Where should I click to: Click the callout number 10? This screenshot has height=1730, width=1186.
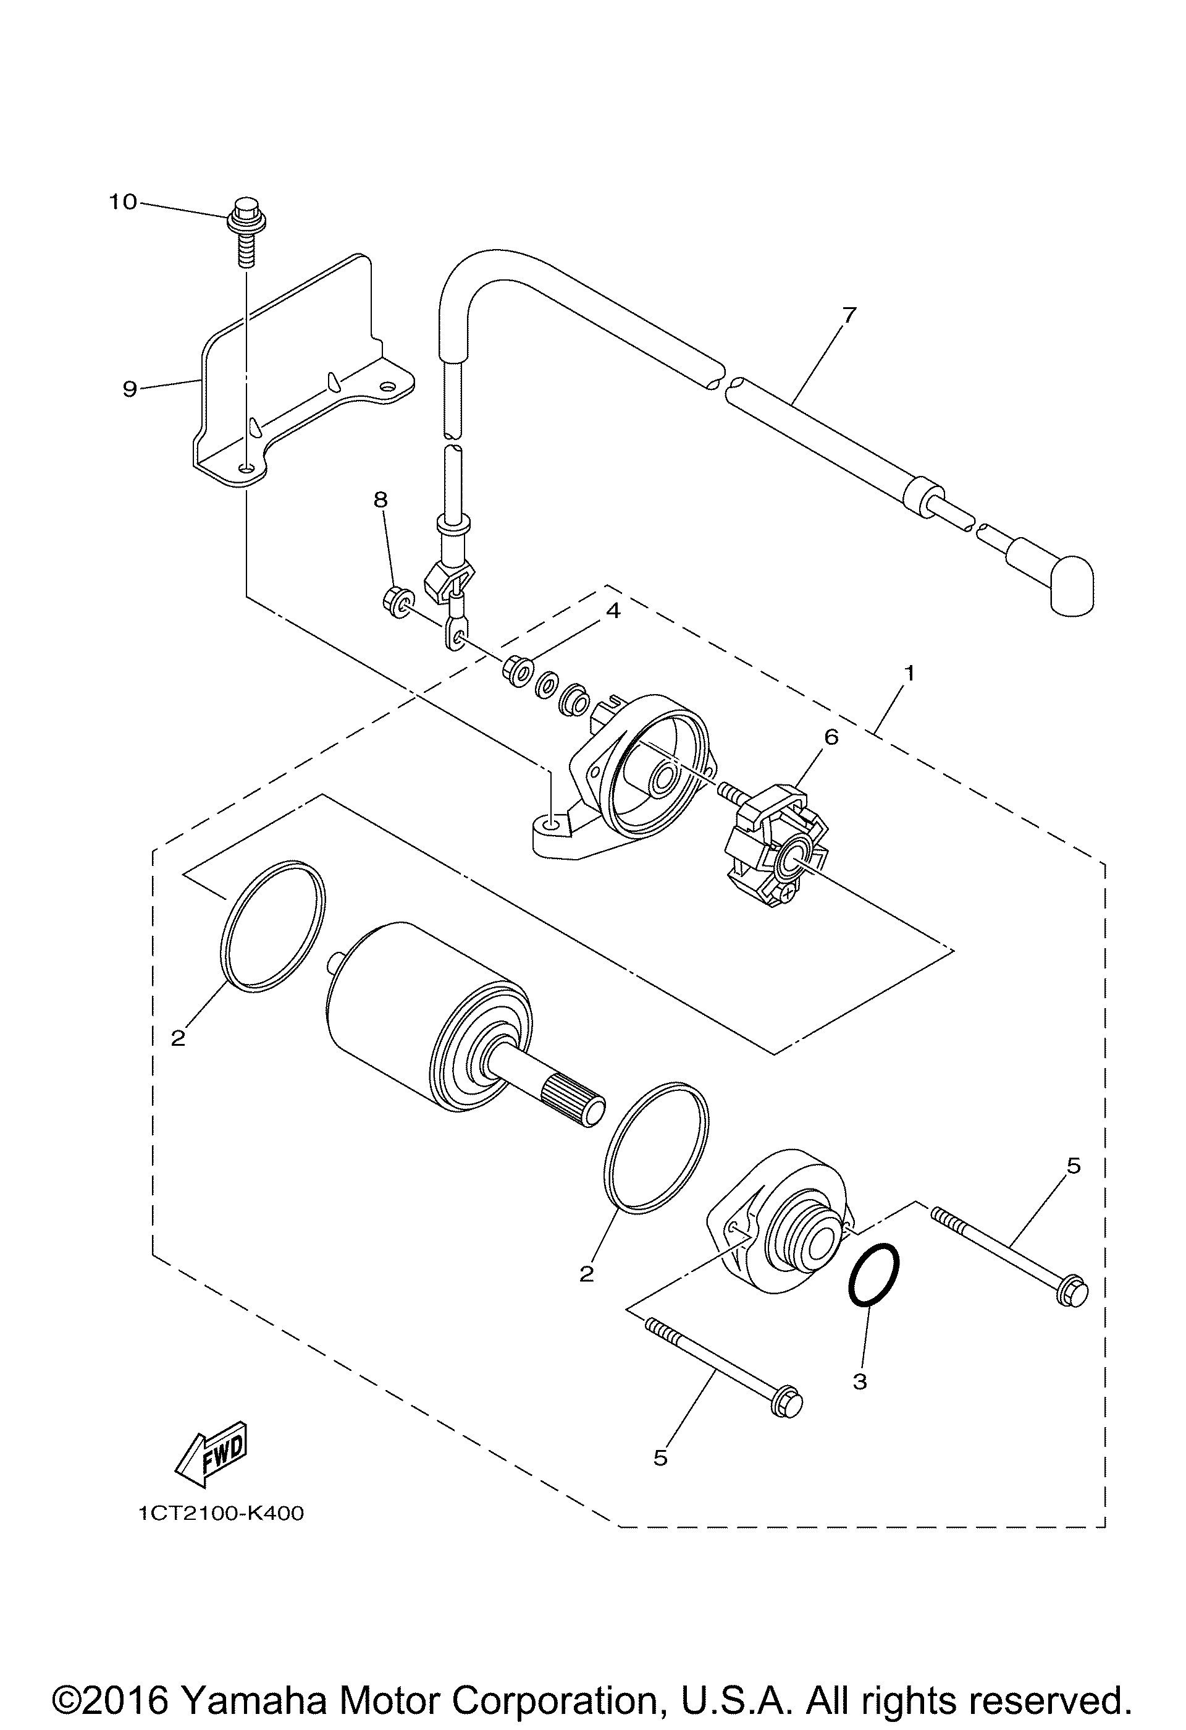pyautogui.click(x=124, y=201)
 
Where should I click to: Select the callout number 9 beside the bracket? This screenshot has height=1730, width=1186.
pyautogui.click(x=130, y=389)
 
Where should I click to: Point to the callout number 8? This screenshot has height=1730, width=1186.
pyautogui.click(x=381, y=499)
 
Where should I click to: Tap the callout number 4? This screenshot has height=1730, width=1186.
pyautogui.click(x=612, y=611)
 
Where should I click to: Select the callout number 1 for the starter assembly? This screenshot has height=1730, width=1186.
pyautogui.click(x=909, y=673)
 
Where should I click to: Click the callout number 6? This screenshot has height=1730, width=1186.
pyautogui.click(x=831, y=737)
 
